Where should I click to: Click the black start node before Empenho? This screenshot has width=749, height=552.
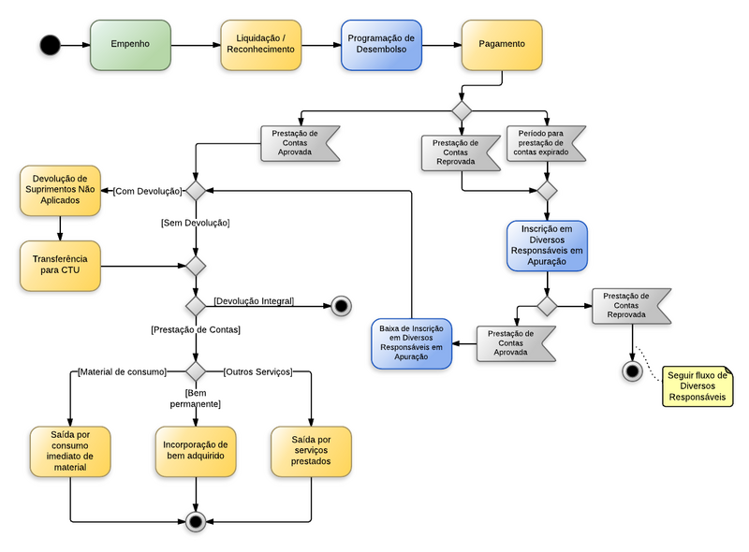click(x=50, y=44)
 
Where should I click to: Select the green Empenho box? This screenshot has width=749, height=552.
click(x=130, y=45)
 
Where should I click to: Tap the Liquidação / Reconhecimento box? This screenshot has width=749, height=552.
click(x=261, y=45)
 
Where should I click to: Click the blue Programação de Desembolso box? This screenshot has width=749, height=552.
click(x=381, y=45)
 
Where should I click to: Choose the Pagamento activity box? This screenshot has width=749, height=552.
click(x=502, y=45)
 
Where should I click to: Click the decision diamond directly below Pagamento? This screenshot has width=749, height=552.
click(x=461, y=110)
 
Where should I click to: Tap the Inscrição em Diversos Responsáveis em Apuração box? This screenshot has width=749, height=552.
click(x=547, y=246)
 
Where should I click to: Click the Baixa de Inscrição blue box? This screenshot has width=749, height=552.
click(x=411, y=342)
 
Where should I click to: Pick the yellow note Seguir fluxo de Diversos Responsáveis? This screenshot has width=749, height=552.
click(x=697, y=387)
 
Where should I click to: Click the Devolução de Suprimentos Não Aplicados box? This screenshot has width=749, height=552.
click(x=60, y=190)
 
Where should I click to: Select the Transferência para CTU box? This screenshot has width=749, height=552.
click(x=60, y=266)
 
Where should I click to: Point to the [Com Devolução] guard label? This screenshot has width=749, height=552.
click(x=147, y=191)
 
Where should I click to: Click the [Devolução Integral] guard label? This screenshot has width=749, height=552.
click(x=254, y=301)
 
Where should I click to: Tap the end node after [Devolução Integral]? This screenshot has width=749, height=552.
click(x=340, y=306)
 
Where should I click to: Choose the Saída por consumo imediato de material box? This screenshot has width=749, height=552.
click(x=70, y=452)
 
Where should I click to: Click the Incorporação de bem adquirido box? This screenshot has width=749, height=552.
click(x=195, y=452)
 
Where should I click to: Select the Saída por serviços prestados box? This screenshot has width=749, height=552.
click(x=311, y=452)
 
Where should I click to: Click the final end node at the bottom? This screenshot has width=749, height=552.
click(x=195, y=521)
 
